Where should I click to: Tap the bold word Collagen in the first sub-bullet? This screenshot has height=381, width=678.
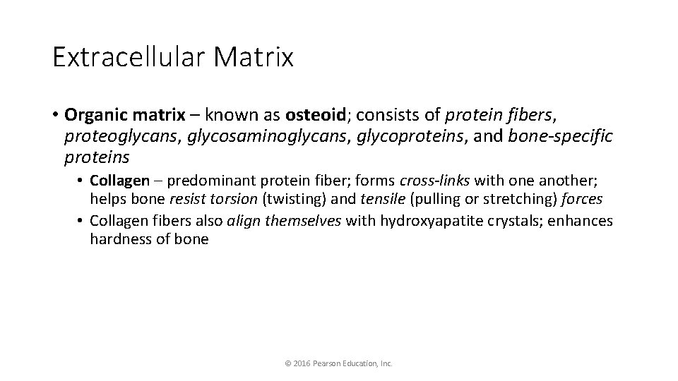(x=119, y=181)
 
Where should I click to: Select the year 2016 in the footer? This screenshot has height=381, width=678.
(x=302, y=363)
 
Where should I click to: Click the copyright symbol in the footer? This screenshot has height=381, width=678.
(x=287, y=363)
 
